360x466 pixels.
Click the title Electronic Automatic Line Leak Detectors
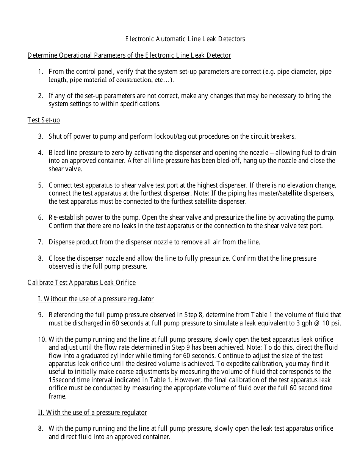click(x=185, y=39)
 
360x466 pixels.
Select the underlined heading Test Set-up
click(x=44, y=120)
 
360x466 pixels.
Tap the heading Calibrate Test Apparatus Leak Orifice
click(x=81, y=283)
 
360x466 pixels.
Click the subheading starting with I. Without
click(x=95, y=299)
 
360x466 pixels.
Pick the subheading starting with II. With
click(x=92, y=413)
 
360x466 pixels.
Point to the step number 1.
click(x=41, y=72)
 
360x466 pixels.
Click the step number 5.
click(x=41, y=185)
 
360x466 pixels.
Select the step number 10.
click(x=42, y=339)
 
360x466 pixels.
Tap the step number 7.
click(x=41, y=242)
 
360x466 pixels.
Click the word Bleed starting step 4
click(x=57, y=153)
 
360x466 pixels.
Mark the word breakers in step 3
click(x=283, y=136)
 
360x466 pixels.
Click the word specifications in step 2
click(x=140, y=104)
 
